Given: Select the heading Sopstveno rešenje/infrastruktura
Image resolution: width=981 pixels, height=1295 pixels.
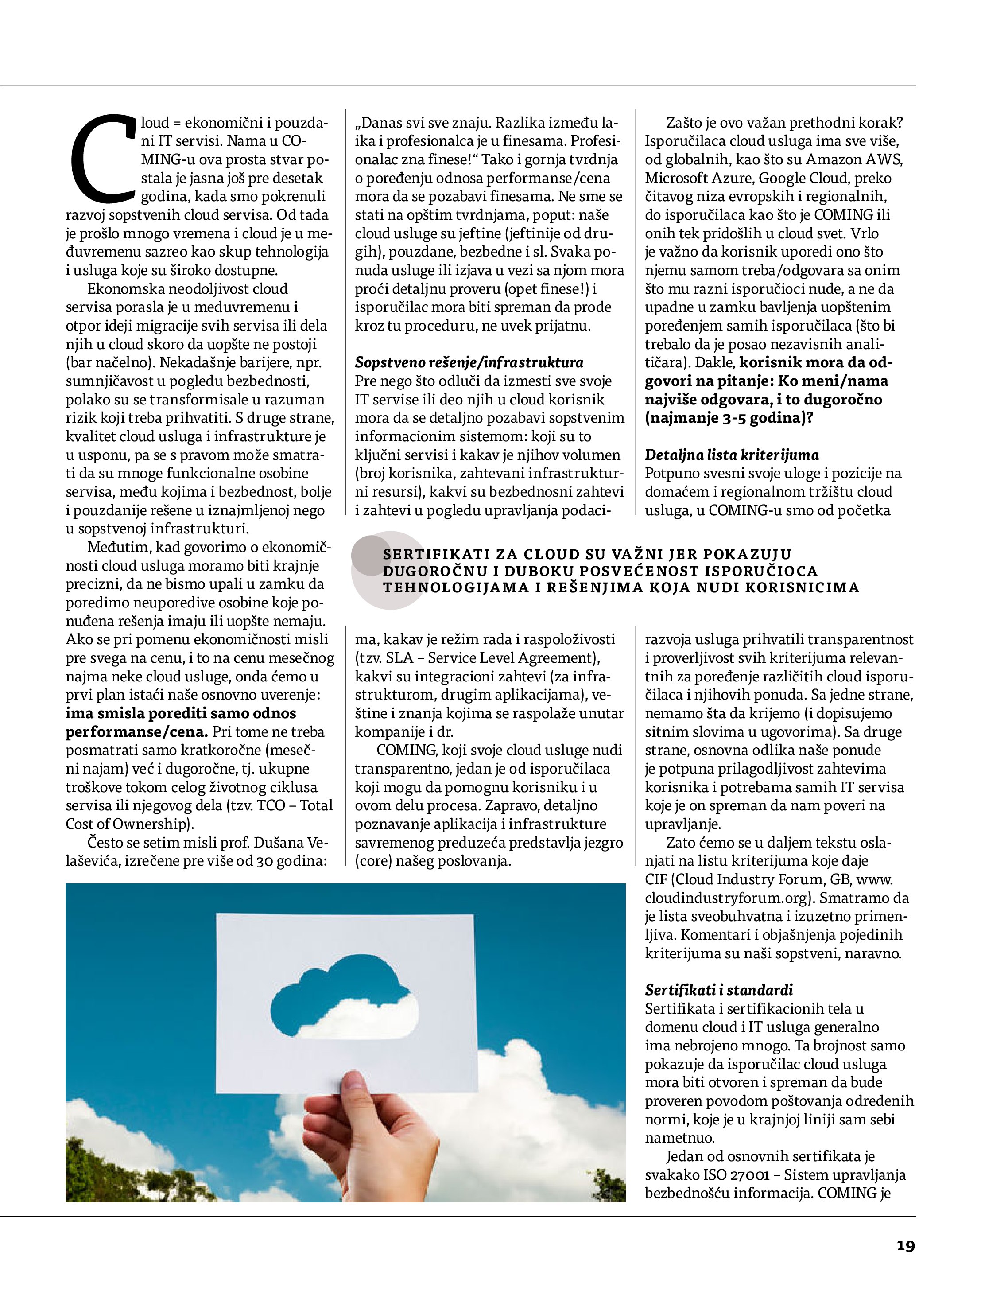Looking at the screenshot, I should point(469,362).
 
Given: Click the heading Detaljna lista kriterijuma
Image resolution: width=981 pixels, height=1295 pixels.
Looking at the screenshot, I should point(732,455).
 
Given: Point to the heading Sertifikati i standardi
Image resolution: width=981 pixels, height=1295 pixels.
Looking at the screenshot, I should point(719,990).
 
